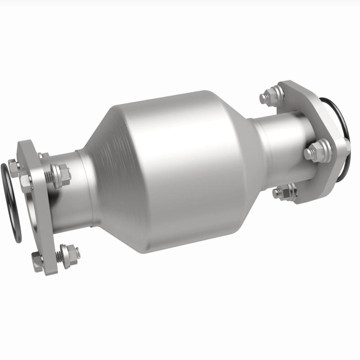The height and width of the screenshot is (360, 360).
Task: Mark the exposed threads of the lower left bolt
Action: coord(58,256)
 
